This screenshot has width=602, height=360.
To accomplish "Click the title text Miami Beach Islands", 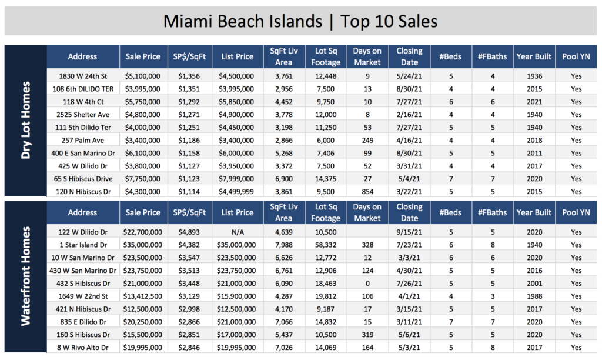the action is tap(243, 21).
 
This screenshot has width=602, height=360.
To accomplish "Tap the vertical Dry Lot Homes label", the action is tap(26, 120).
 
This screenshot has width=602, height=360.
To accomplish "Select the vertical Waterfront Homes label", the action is tap(26, 276).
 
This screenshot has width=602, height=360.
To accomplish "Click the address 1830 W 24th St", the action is tap(83, 76).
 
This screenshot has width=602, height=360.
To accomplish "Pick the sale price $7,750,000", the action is tap(142, 179).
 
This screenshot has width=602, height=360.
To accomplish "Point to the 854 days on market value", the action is tap(367, 191).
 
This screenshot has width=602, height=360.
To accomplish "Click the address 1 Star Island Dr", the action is tap(83, 245).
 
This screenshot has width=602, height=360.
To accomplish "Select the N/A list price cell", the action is tap(238, 232).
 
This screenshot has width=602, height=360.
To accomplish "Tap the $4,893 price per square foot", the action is tap(189, 232).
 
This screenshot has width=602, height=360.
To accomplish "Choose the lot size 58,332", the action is tap(326, 245).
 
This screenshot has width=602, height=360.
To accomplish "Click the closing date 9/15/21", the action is tap(409, 232).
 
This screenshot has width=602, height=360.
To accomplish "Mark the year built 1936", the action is tap(534, 76).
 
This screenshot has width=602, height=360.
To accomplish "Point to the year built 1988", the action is tap(534, 296).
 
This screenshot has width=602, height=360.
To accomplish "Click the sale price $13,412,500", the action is tap(142, 296).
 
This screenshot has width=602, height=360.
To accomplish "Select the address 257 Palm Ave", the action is tap(83, 140).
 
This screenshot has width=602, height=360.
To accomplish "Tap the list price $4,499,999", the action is tap(236, 191).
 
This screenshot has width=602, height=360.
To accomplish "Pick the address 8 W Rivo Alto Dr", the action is tap(83, 347).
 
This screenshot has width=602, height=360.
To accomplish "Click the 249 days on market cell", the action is tap(367, 140).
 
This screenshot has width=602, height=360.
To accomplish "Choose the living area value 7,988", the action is tap(284, 245).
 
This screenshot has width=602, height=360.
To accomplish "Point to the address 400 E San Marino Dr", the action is tap(83, 153).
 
